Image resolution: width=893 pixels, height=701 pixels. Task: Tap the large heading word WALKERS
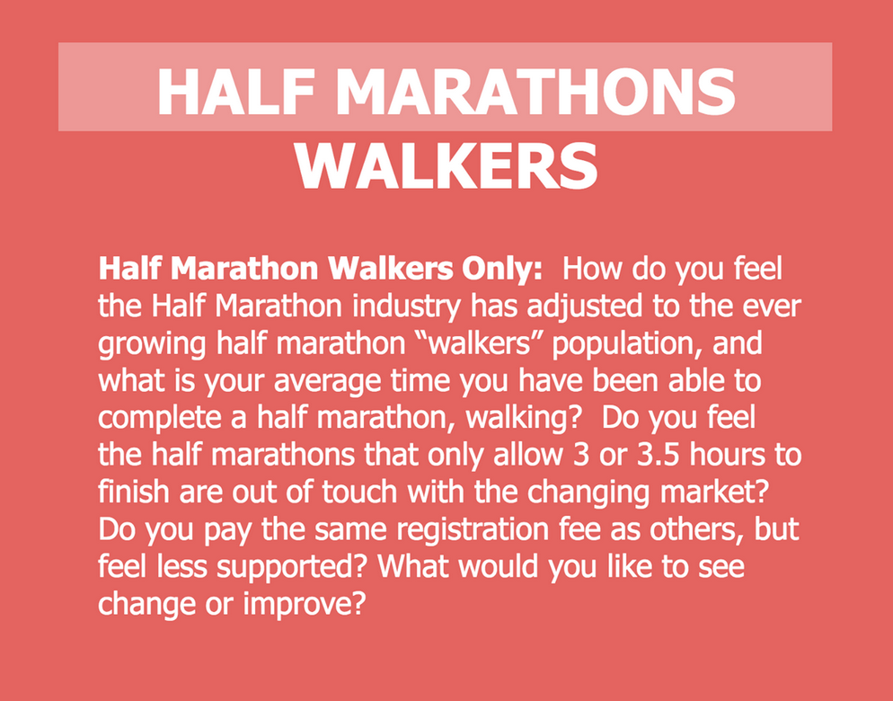pos(446,165)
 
